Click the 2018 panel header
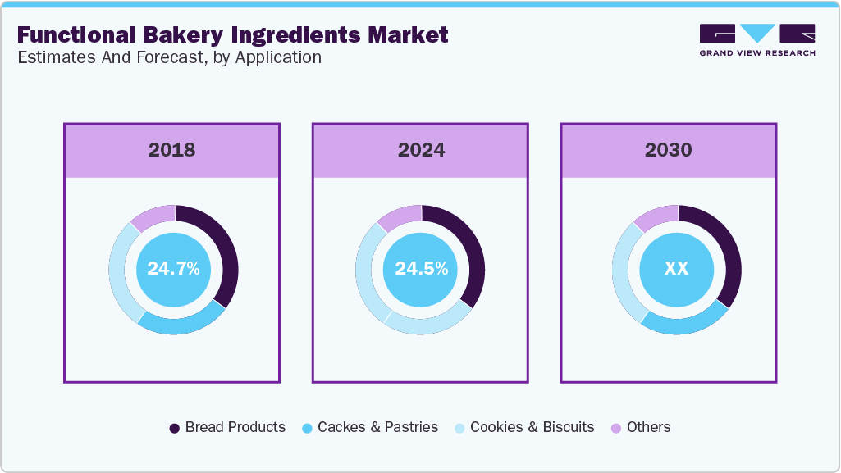point(171,150)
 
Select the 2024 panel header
point(421,150)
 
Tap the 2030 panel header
point(668,150)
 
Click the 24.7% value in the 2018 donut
point(173,269)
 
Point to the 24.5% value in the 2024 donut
point(421,269)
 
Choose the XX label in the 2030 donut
point(676,269)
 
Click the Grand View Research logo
point(756,40)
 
